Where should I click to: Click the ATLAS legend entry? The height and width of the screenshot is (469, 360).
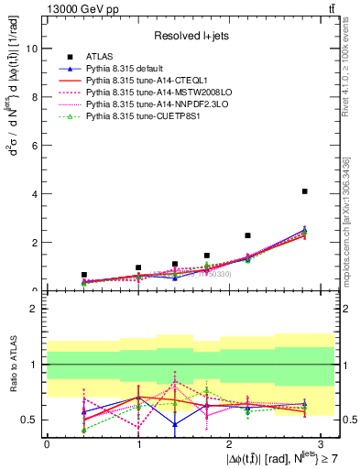pos(99,57)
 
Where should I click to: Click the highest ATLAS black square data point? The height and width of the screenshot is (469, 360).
pos(304,191)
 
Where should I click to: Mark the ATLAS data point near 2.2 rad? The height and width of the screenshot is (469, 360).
pos(248,235)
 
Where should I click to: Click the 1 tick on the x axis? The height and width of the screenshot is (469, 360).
pos(137,442)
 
